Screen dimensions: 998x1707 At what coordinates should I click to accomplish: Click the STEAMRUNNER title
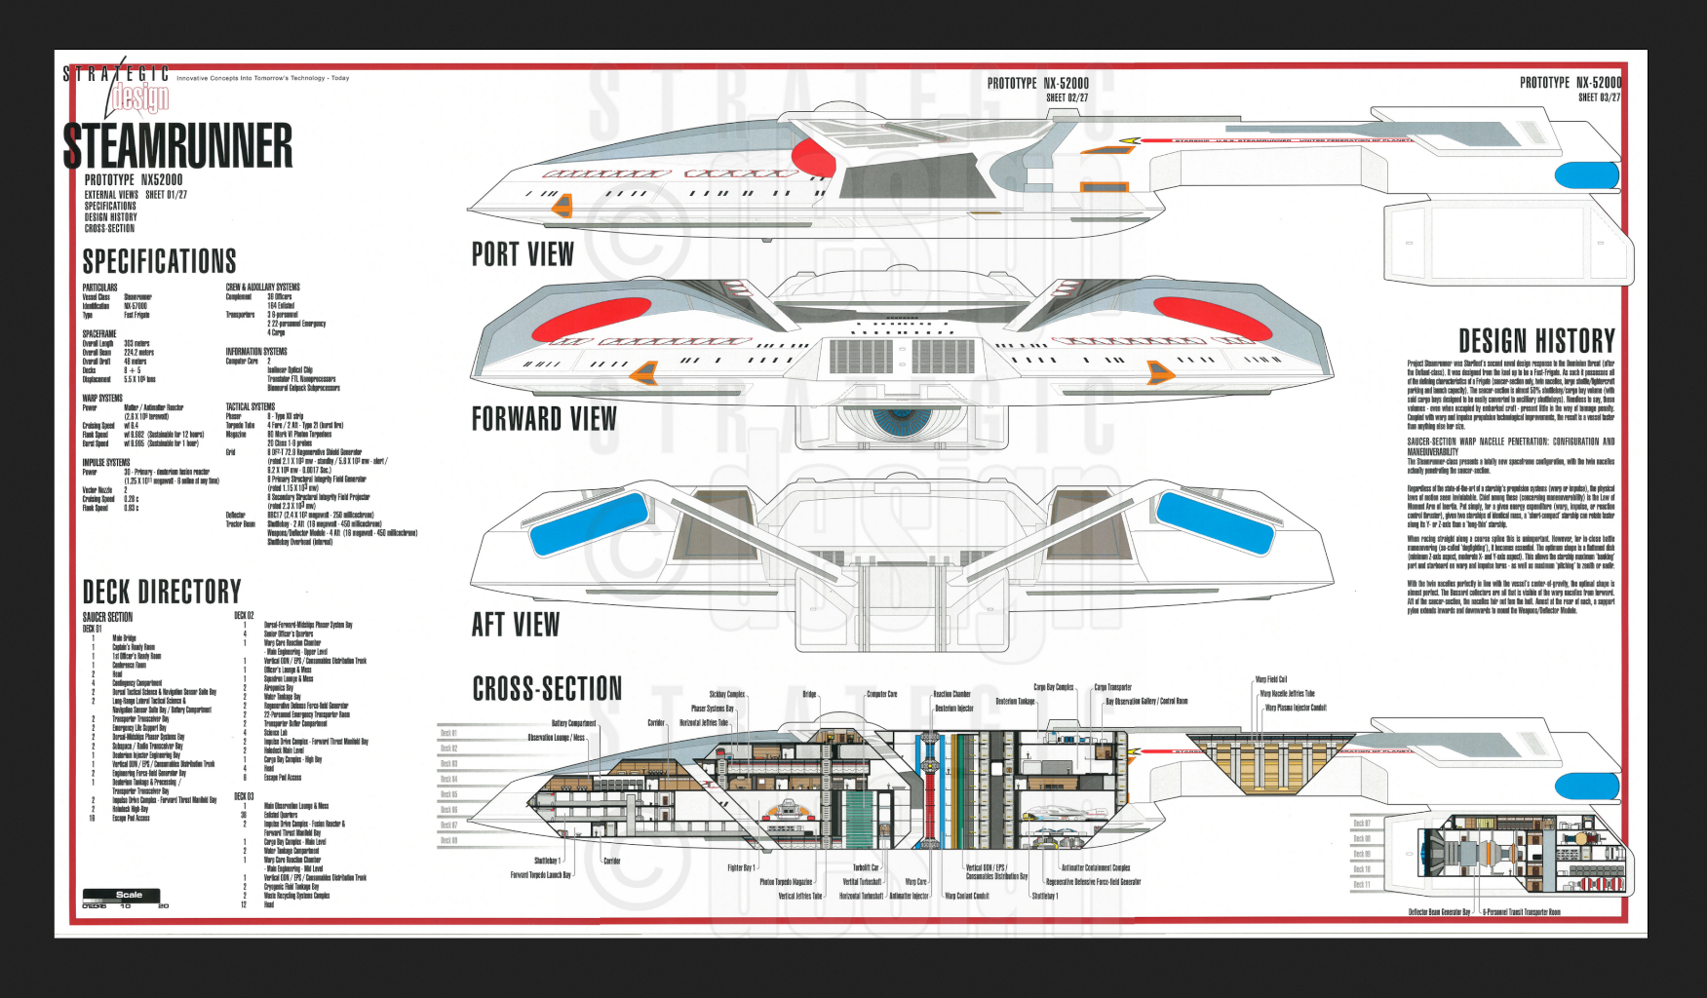(177, 145)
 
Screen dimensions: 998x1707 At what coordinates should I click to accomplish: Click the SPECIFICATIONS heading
(159, 261)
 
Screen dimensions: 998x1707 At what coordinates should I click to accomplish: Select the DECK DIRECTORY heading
(162, 592)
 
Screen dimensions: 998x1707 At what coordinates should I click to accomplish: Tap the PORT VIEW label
(523, 254)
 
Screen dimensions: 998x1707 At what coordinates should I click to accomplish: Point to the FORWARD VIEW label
(544, 419)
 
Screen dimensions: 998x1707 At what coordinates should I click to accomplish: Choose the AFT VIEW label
(516, 625)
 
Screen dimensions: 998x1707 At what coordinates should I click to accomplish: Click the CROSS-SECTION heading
(547, 689)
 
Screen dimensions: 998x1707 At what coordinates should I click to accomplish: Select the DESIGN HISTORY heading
(1536, 341)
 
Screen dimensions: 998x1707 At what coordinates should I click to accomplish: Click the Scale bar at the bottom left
(122, 896)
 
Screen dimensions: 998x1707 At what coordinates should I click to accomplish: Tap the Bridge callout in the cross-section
(809, 694)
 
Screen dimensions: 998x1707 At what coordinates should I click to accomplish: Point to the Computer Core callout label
(881, 694)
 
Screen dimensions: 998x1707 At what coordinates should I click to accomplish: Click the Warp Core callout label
(915, 882)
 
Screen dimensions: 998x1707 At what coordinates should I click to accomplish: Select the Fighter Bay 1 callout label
(740, 867)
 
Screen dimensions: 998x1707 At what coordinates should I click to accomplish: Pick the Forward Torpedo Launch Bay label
(540, 874)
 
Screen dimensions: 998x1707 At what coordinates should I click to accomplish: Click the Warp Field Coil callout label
(1271, 679)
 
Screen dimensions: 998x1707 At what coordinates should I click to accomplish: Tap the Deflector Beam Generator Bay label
(1439, 912)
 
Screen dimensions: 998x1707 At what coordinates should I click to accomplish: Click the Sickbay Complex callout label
(726, 694)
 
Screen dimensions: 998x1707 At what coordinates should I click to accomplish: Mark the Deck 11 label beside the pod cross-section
(1361, 885)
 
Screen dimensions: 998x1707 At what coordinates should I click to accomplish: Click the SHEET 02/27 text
(1067, 97)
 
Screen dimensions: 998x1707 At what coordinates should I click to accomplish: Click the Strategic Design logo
(127, 88)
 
